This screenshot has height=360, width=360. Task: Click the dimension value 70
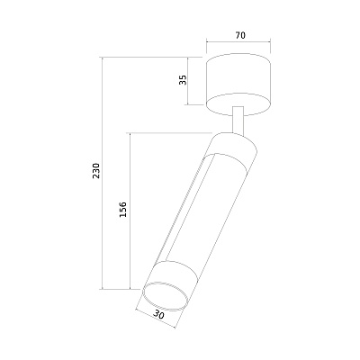click(x=240, y=35)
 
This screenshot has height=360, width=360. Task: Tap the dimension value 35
click(x=183, y=79)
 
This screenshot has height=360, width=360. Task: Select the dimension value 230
click(x=96, y=171)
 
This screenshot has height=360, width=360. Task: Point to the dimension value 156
click(x=123, y=210)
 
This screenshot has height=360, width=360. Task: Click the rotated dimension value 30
click(x=159, y=315)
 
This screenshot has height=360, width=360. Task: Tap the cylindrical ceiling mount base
click(x=238, y=85)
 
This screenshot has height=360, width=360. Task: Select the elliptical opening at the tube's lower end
click(x=166, y=296)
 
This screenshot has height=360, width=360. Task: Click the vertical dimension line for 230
click(x=103, y=173)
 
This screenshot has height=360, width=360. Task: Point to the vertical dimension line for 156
click(x=130, y=211)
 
